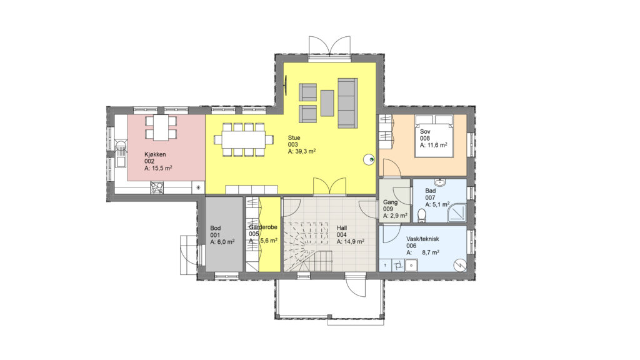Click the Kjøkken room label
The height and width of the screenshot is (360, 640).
155,154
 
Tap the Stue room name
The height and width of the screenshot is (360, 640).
294,137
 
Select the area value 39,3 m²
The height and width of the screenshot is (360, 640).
305,151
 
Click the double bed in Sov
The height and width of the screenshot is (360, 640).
434,136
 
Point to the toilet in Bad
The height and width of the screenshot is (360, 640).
422,215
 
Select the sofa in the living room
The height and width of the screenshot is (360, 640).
347,102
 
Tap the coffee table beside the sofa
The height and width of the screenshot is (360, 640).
327,103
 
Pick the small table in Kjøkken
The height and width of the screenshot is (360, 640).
161,127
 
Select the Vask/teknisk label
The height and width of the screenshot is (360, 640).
423,239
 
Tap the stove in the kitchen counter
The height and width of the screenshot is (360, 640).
157,187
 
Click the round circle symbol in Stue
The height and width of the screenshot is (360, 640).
369,159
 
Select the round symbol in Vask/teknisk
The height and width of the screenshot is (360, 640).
460,265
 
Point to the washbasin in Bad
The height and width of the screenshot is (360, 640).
440,182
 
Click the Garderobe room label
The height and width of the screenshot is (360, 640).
263,227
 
